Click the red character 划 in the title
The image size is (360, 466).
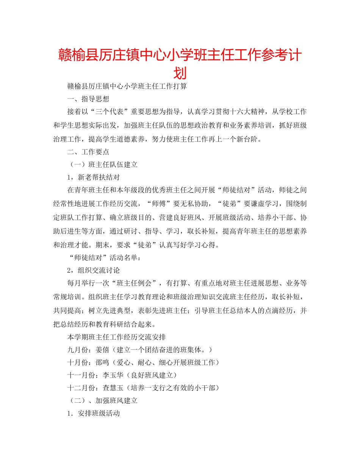pos(180,72)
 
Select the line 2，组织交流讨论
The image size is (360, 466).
pos(93,271)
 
